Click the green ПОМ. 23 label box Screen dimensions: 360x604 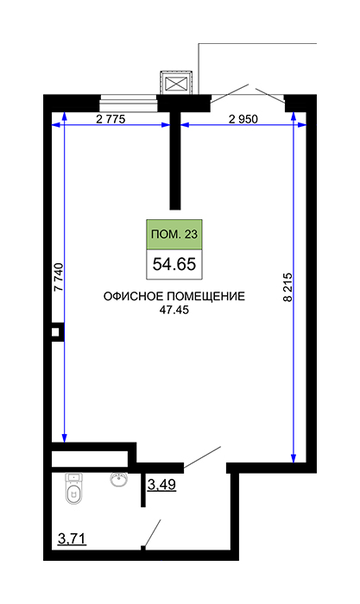[x=174, y=234]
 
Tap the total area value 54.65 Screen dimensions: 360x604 [x=174, y=264]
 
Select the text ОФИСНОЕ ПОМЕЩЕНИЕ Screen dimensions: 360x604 [x=174, y=296]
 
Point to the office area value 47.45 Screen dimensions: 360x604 [x=174, y=310]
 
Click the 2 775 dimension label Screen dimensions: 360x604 [x=111, y=119]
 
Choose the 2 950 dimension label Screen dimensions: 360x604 [x=243, y=119]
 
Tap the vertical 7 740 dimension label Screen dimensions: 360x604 [x=58, y=277]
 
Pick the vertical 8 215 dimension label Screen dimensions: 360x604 [x=287, y=287]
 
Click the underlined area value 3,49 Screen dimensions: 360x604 [x=162, y=485]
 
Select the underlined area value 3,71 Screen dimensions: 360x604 [x=72, y=538]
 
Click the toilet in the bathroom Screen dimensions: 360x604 [x=73, y=488]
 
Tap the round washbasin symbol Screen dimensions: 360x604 [x=119, y=479]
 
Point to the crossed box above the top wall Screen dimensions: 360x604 [x=176, y=83]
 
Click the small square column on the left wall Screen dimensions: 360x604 [x=55, y=331]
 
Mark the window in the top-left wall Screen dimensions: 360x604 [x=129, y=104]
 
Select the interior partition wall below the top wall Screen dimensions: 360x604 [x=175, y=160]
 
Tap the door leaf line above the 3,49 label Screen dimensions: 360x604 [x=202, y=458]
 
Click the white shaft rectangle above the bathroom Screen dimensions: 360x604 [x=90, y=459]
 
